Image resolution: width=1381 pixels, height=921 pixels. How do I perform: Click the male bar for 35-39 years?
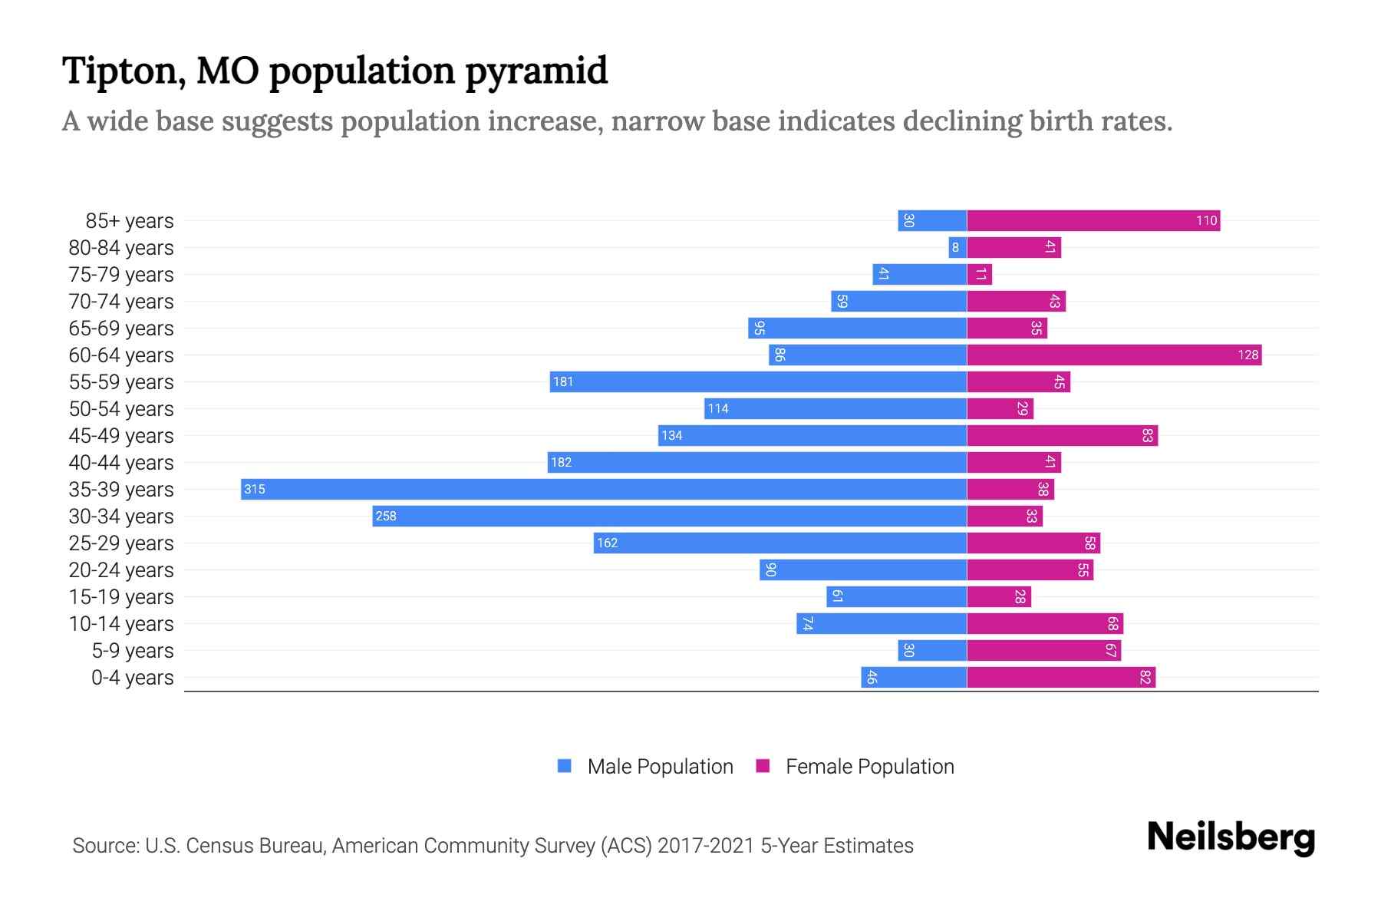tap(604, 489)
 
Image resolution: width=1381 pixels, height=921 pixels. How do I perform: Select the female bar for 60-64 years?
tap(1114, 355)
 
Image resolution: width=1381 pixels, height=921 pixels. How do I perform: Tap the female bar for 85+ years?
tap(1093, 220)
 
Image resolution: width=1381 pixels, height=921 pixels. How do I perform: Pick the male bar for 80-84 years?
tap(957, 247)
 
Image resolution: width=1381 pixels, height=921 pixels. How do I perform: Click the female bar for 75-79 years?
tap(980, 274)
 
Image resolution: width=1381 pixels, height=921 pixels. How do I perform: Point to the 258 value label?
tap(386, 516)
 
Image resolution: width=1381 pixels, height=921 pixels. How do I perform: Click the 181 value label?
tap(563, 381)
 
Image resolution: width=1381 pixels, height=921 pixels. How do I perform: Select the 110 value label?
tap(1206, 220)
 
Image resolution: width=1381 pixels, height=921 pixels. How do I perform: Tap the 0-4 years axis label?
tap(132, 678)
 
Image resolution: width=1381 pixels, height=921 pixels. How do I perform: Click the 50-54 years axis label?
tap(121, 409)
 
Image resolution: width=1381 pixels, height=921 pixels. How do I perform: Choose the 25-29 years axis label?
tap(121, 543)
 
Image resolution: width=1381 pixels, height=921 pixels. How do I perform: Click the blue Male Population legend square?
tap(565, 766)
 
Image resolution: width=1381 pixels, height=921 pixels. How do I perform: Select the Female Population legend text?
tap(869, 767)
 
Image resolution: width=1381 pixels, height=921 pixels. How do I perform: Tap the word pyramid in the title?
tap(536, 71)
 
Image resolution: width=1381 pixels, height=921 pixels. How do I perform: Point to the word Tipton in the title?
tap(124, 71)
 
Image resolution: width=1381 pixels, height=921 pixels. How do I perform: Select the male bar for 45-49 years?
tap(812, 435)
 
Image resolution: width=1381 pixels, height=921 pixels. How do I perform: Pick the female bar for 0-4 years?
tap(1061, 677)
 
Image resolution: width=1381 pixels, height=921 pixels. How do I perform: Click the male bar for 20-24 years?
tap(863, 569)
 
